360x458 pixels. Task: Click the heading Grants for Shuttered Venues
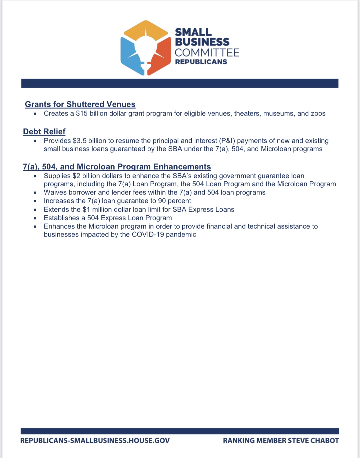point(80,104)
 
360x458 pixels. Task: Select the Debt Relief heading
point(44,131)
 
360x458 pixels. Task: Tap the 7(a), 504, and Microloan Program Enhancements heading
point(117,167)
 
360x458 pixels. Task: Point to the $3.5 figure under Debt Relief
point(79,141)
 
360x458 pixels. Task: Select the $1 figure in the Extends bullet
point(86,210)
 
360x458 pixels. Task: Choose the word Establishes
point(61,218)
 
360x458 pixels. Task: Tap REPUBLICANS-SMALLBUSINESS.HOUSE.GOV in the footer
point(95,441)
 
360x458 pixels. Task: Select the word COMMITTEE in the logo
point(207,53)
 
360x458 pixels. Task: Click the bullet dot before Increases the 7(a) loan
point(35,201)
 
